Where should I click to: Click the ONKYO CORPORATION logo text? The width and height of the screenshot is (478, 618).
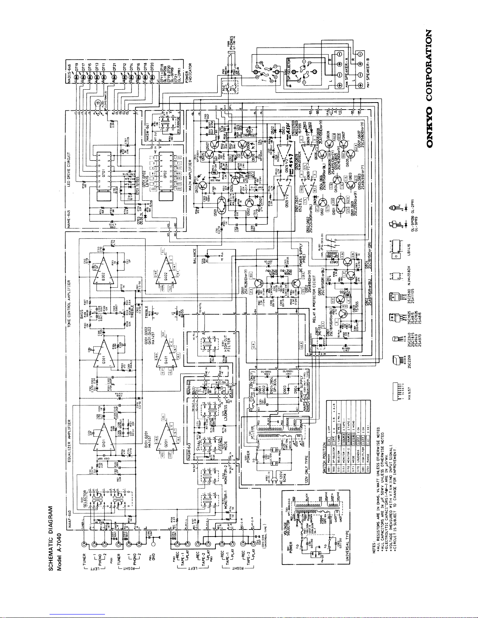point(431,89)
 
